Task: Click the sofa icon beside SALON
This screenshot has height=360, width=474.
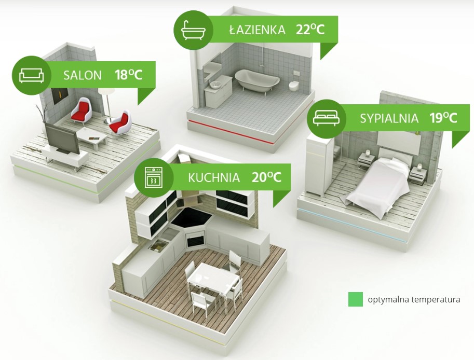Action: [x=32, y=75]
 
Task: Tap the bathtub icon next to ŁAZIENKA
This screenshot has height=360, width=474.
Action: [x=193, y=30]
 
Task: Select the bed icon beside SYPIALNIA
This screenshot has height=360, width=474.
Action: [x=327, y=118]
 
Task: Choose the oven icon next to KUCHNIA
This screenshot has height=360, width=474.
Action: [x=154, y=177]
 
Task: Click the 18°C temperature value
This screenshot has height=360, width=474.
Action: [x=128, y=75]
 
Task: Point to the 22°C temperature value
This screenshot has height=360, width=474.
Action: [x=310, y=30]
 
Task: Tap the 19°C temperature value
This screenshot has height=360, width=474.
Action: [x=443, y=118]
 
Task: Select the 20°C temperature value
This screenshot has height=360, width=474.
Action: [x=267, y=177]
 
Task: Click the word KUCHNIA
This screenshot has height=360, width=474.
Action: [x=214, y=177]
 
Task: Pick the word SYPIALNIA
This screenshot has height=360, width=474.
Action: [x=389, y=118]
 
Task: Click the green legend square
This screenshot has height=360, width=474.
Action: [x=355, y=299]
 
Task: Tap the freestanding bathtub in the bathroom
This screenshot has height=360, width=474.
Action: [x=258, y=80]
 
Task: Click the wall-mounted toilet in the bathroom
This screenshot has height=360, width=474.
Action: [x=293, y=86]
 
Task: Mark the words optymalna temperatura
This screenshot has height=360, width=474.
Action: [x=414, y=300]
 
